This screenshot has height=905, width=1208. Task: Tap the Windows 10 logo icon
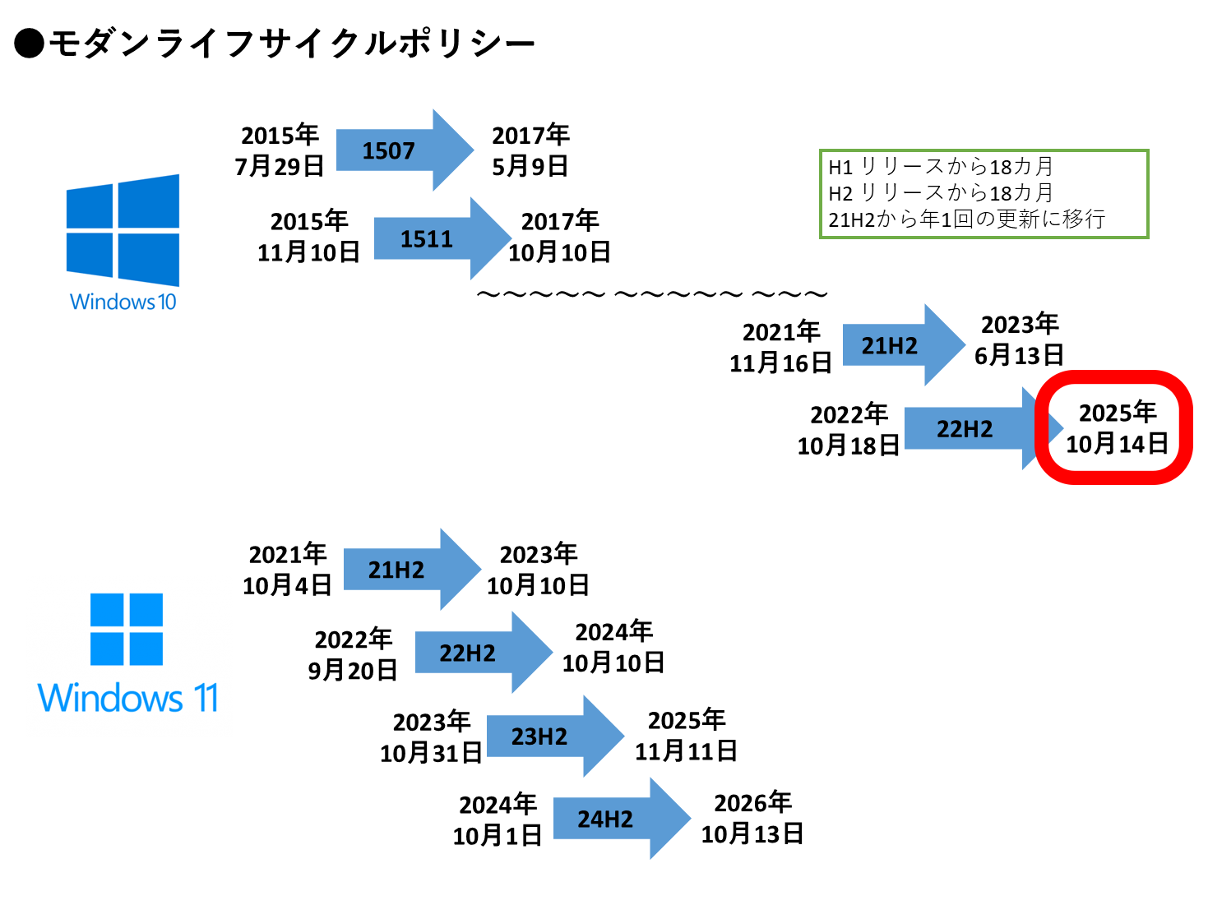point(123,229)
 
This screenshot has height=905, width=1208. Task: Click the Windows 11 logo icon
point(127,629)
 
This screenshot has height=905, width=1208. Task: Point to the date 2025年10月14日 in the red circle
point(1117,428)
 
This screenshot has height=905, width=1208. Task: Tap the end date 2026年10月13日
point(752,819)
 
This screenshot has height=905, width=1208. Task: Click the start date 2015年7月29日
point(280,150)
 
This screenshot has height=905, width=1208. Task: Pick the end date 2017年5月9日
point(530,150)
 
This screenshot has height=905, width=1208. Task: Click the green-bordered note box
point(984,194)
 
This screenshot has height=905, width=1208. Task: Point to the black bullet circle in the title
point(29,44)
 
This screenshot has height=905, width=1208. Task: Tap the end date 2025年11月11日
point(686,736)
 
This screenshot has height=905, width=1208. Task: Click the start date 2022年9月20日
point(353,655)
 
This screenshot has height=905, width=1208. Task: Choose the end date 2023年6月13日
point(1019,339)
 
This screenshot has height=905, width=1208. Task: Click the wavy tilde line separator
point(651,294)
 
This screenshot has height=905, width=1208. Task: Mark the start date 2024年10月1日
point(497,820)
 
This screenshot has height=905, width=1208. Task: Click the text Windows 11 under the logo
point(128,699)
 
